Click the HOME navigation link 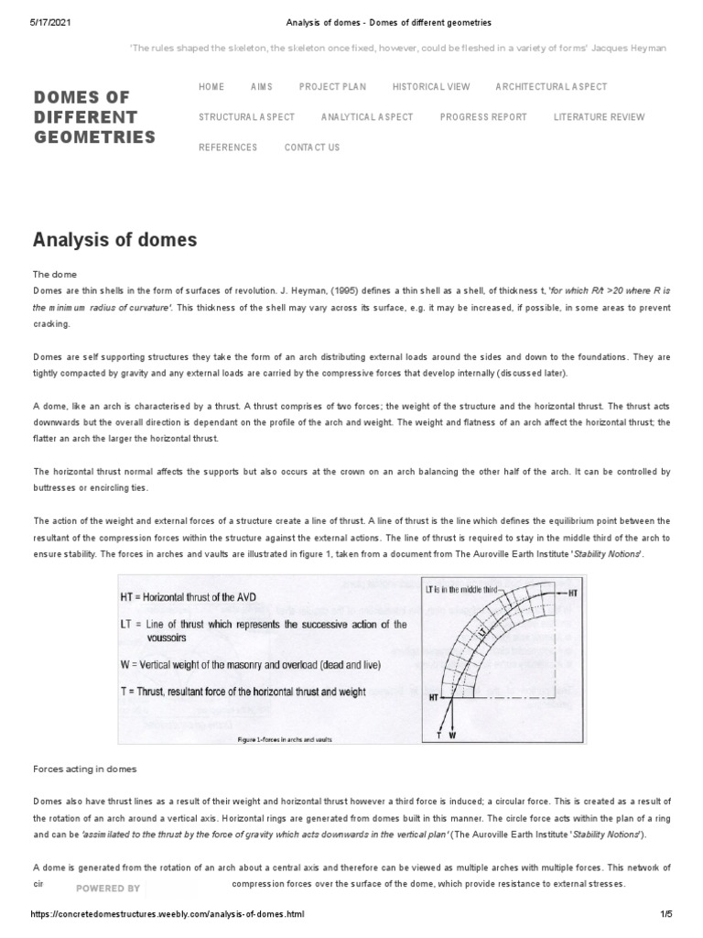click(211, 87)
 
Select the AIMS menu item click(261, 87)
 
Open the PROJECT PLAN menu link click(332, 87)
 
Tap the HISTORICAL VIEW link click(431, 87)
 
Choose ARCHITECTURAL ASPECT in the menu click(551, 87)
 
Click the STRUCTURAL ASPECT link click(246, 117)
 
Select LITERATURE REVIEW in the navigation click(599, 117)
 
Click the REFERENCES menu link click(228, 147)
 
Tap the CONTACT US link click(311, 147)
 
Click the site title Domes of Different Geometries click(93, 117)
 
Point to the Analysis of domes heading click(114, 240)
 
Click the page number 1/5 click(665, 914)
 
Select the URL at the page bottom click(167, 914)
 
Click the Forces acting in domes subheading click(84, 769)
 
